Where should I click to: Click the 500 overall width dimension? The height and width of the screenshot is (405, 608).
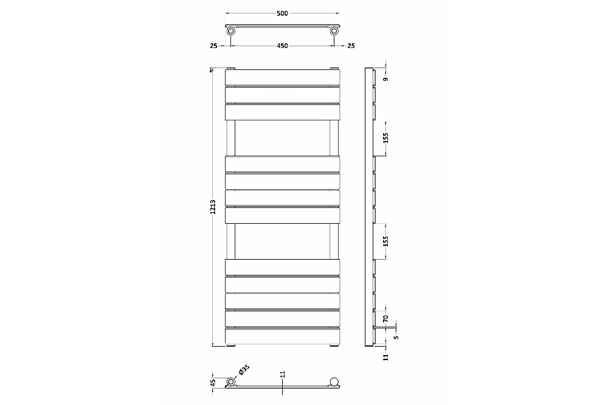pyautogui.click(x=282, y=13)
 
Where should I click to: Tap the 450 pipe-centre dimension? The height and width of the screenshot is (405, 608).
pyautogui.click(x=282, y=46)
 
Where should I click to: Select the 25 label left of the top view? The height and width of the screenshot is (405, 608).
pyautogui.click(x=213, y=46)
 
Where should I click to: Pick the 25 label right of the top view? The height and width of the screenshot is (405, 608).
pyautogui.click(x=351, y=46)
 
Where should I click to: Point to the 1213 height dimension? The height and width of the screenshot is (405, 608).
pyautogui.click(x=212, y=207)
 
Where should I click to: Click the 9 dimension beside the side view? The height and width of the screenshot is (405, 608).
pyautogui.click(x=385, y=80)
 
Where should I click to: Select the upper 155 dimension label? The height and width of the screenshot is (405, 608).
pyautogui.click(x=385, y=137)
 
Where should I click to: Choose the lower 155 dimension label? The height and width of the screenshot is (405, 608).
pyautogui.click(x=385, y=241)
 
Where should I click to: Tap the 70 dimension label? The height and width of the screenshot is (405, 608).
pyautogui.click(x=385, y=319)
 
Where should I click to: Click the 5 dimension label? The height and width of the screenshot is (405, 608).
pyautogui.click(x=396, y=337)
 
